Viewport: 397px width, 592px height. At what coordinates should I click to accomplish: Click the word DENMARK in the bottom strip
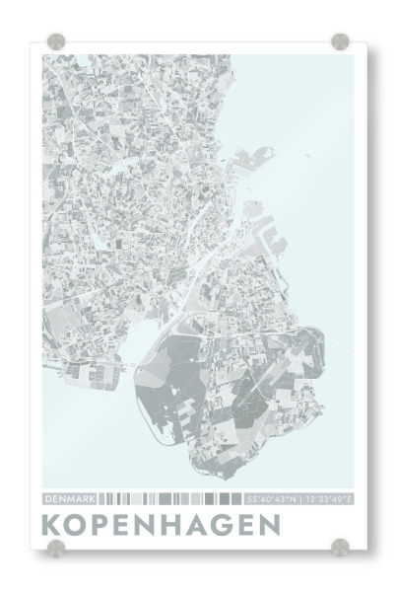point(69,498)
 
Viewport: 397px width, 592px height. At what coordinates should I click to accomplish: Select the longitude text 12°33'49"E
point(329,498)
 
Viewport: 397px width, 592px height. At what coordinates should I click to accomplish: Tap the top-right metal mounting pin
point(341,41)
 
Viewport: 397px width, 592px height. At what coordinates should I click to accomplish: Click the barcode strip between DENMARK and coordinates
point(171,498)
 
